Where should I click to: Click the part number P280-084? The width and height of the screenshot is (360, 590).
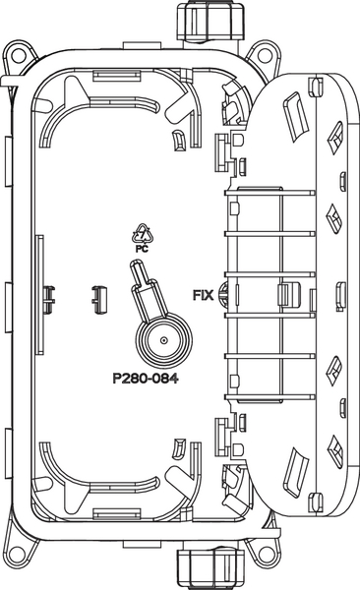[146, 379]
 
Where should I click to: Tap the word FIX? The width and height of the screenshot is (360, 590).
[203, 295]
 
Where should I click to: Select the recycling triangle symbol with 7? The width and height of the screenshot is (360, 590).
[143, 234]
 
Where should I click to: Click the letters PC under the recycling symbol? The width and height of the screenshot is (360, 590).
[142, 249]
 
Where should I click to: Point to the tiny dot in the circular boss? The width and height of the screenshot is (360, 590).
[163, 340]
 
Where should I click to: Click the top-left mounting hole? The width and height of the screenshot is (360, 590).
[18, 56]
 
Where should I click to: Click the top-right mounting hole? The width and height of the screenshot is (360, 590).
[266, 56]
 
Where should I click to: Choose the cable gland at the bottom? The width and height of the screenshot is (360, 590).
[210, 569]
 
